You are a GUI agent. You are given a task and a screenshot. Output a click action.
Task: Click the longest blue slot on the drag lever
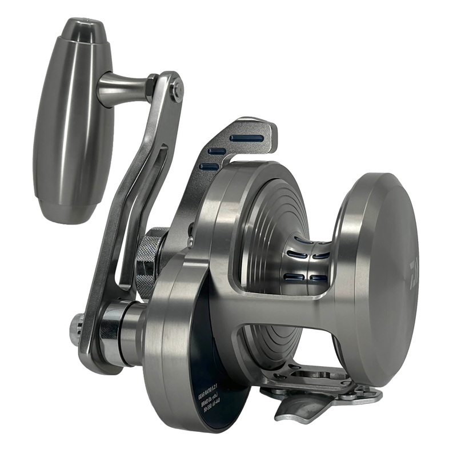[247, 138]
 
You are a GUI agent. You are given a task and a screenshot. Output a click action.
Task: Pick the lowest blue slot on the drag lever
[210, 166]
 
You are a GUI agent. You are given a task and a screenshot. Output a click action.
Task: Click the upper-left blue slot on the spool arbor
[295, 255]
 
